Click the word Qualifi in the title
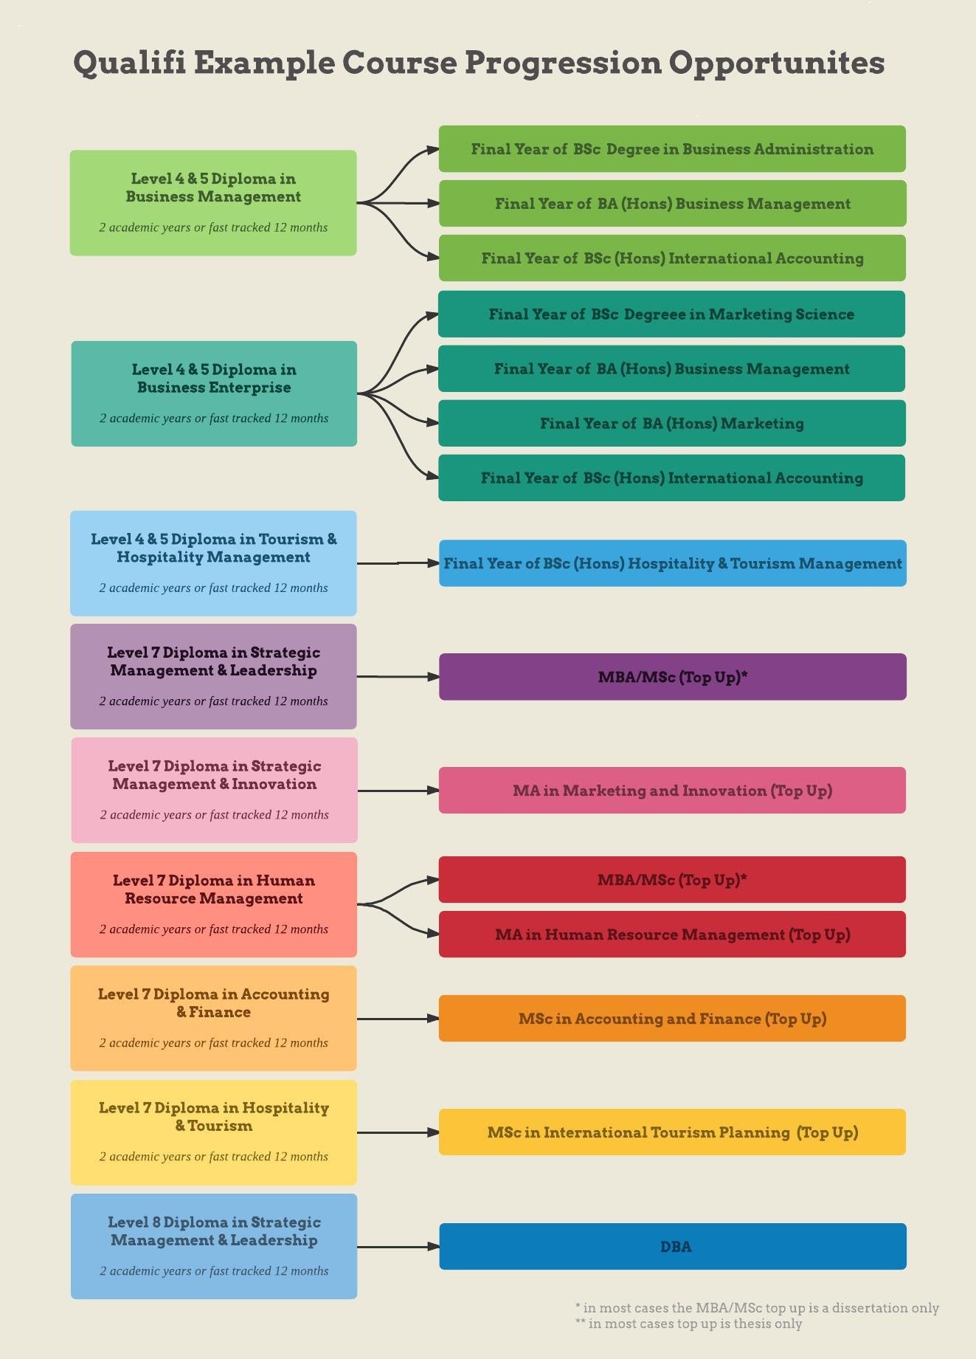[129, 63]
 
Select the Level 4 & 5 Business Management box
[213, 203]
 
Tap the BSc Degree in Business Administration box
[672, 149]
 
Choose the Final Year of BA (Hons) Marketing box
[672, 423]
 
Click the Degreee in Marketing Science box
[671, 314]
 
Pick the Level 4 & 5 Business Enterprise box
[214, 393]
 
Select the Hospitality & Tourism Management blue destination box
[672, 563]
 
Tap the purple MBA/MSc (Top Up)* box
[672, 677]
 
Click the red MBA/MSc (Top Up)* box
[672, 880]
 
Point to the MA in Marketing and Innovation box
[672, 791]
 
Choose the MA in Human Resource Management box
[672, 935]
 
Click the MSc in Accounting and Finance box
[672, 1019]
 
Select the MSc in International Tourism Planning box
[672, 1132]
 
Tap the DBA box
[672, 1247]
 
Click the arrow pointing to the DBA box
[398, 1247]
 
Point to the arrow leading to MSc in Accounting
[398, 1019]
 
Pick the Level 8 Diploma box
[214, 1246]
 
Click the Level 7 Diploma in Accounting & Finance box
[213, 1018]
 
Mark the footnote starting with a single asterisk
[757, 1308]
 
